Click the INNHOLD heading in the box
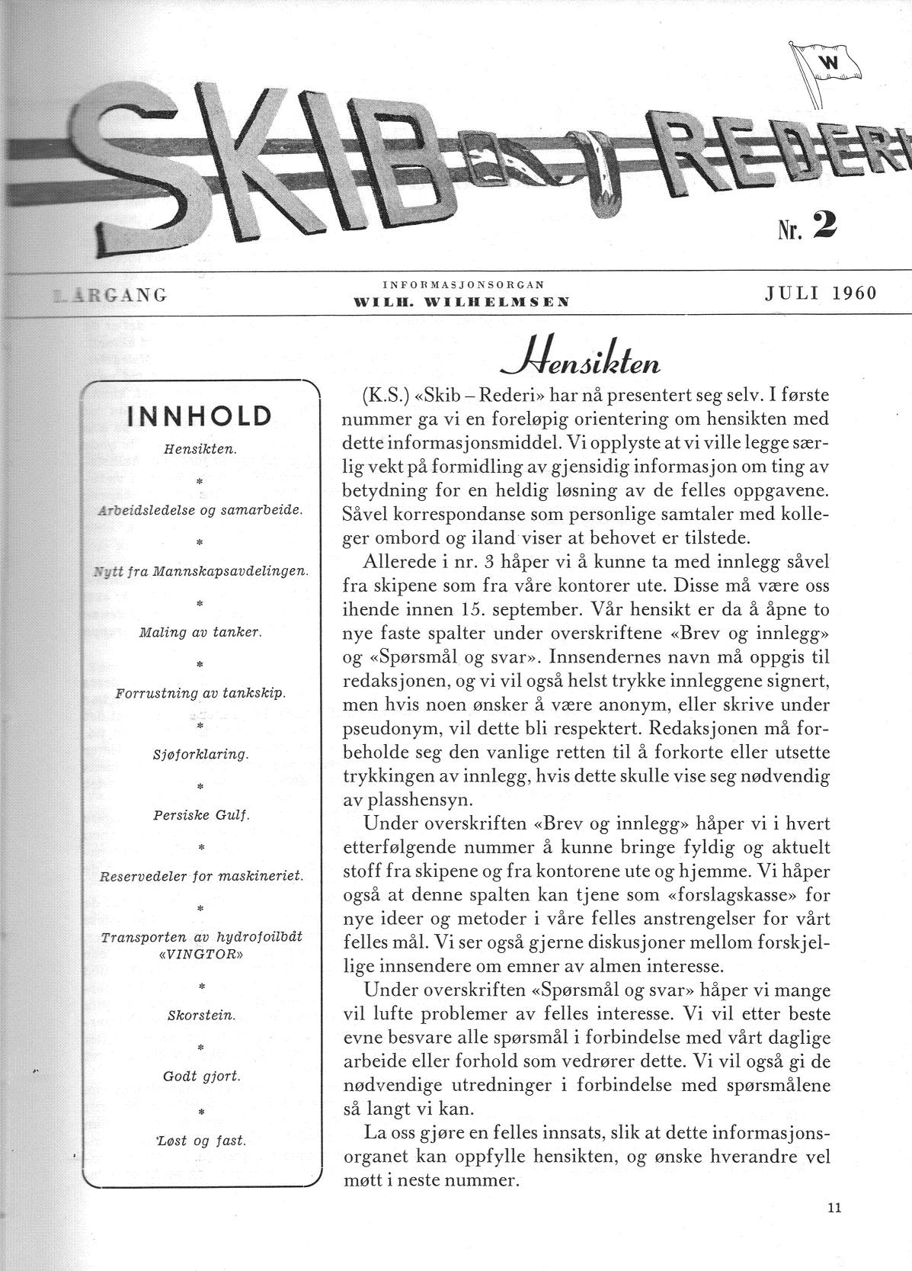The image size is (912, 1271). pyautogui.click(x=200, y=416)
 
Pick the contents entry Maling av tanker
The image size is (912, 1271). pyautogui.click(x=200, y=632)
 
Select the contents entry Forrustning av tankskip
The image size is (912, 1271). pyautogui.click(x=200, y=693)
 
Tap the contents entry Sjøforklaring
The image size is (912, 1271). pyautogui.click(x=200, y=754)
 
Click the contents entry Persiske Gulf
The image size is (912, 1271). pyautogui.click(x=200, y=815)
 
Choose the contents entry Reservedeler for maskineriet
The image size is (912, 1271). pyautogui.click(x=201, y=877)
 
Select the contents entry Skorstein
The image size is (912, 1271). pyautogui.click(x=201, y=1016)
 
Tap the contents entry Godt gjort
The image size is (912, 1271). pyautogui.click(x=201, y=1077)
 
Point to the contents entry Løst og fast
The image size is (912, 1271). pyautogui.click(x=201, y=1141)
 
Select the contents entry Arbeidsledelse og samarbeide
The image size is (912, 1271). pyautogui.click(x=200, y=510)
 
